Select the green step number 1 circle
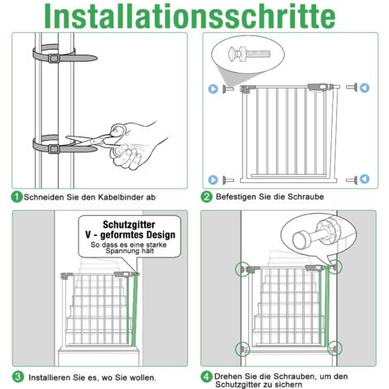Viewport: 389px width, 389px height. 17,197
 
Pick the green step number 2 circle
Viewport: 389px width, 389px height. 207,197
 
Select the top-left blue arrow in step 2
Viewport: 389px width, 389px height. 214,87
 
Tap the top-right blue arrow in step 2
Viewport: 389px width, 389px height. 364,87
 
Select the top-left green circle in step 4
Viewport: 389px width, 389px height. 244,267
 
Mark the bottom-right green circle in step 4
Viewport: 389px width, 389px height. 334,348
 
